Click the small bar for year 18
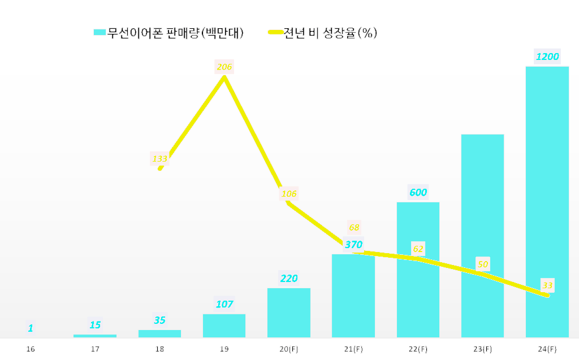pos(159,333)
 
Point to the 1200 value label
pos(547,57)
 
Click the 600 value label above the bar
pos(418,192)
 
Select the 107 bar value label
pos(224,304)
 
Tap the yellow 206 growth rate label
pos(224,67)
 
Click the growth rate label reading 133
pos(159,159)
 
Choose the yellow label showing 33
pos(547,285)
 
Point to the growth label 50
pos(482,264)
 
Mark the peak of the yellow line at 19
pos(224,77)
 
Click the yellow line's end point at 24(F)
pos(547,295)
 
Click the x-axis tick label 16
pos(31,349)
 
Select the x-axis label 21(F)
pos(353,349)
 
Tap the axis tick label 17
pos(95,349)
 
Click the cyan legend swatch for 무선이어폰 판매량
pos(100,33)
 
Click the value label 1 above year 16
pos(31,328)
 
